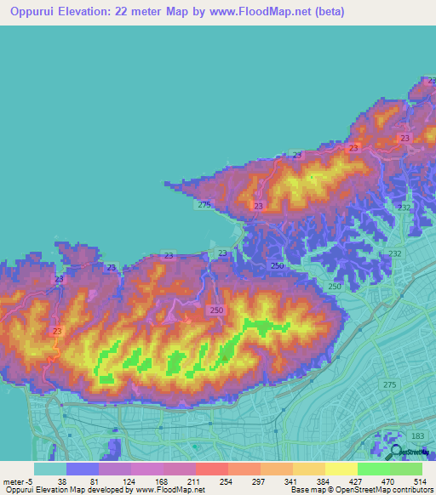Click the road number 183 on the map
(416, 436)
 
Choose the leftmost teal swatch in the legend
(49, 468)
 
